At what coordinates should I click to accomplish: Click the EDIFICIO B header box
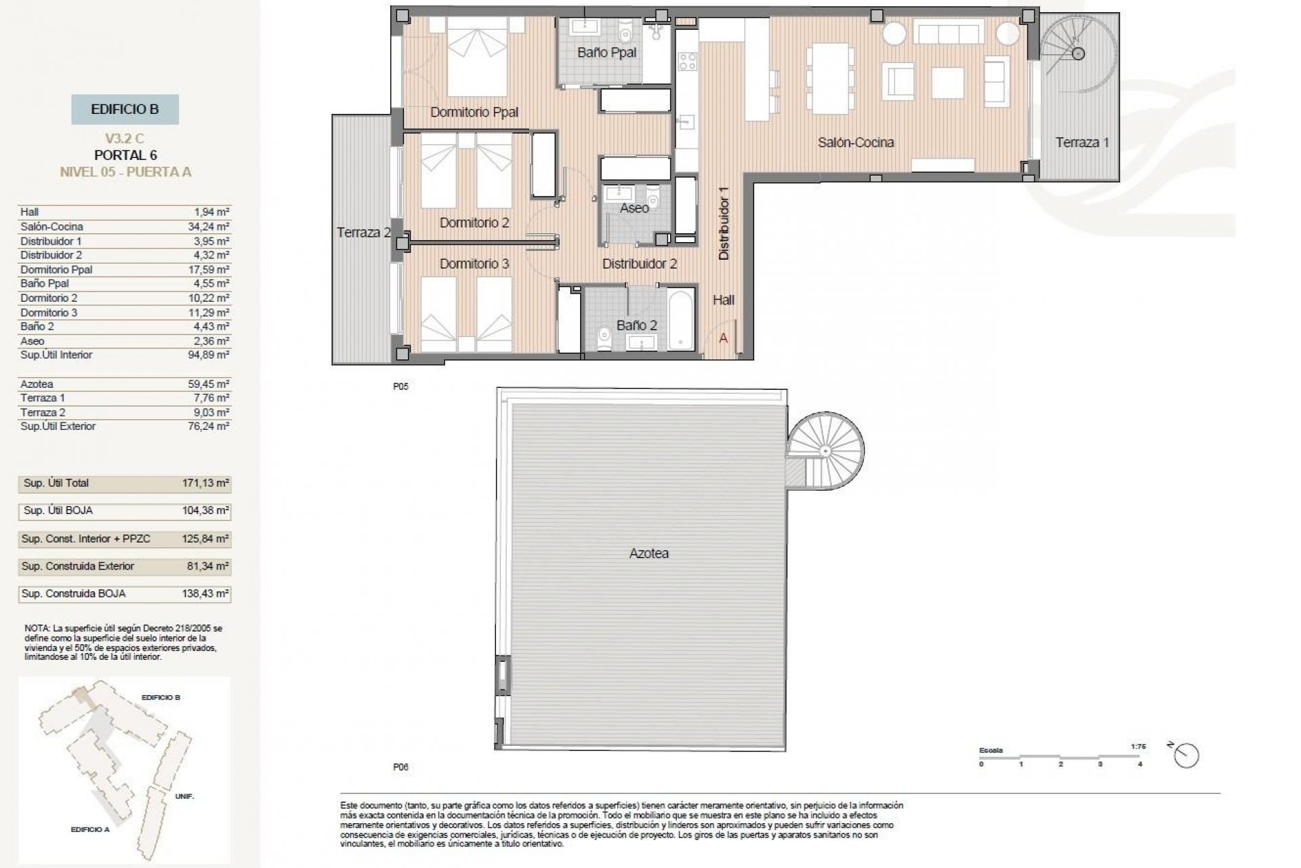[x=125, y=109]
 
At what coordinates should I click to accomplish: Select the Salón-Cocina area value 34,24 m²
[x=209, y=226]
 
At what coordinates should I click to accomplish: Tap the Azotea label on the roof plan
[x=648, y=553]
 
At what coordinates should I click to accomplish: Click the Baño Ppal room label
[x=606, y=52]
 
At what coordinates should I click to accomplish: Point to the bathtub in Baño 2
[x=681, y=319]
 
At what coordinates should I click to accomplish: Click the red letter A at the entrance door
[x=723, y=338]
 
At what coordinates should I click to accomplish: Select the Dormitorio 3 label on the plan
[x=474, y=264]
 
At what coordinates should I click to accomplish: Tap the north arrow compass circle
[x=1187, y=755]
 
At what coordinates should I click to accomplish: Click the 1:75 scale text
[x=1138, y=746]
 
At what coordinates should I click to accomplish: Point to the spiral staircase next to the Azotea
[x=825, y=450]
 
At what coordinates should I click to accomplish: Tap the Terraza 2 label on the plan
[x=364, y=233]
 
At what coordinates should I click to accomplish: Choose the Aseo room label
[x=634, y=208]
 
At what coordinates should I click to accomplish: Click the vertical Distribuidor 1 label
[x=724, y=223]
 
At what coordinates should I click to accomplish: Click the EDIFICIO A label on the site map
[x=89, y=829]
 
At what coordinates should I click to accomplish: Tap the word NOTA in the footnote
[x=37, y=629]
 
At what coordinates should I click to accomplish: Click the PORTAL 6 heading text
[x=125, y=155]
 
